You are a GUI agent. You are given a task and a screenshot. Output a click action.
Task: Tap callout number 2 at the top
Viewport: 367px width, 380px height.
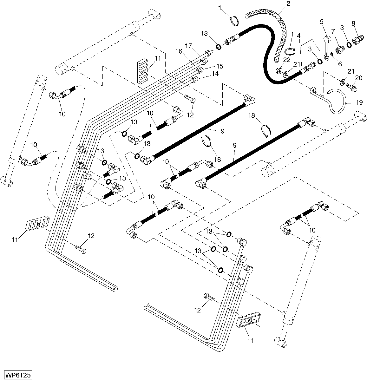coord(288,4)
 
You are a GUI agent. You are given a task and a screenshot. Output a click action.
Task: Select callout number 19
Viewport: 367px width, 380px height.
coord(359,102)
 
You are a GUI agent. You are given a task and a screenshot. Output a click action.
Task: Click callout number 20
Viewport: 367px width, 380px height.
coord(358,78)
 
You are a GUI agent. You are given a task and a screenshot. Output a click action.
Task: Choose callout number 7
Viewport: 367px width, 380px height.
coord(333,31)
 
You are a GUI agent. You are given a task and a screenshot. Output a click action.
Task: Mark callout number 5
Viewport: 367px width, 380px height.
coord(322,22)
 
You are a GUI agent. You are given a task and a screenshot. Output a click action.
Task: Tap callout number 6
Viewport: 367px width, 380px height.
coord(340,64)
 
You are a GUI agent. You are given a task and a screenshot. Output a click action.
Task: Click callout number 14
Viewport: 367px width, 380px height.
coord(215,73)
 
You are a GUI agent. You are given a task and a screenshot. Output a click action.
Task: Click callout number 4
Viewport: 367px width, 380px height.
coord(298,36)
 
